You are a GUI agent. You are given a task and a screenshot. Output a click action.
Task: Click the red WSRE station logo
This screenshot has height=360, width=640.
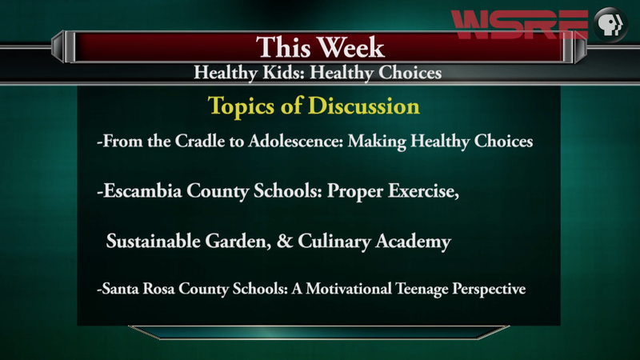(519, 25)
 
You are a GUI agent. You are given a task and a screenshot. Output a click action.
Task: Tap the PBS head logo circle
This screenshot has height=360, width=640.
(610, 25)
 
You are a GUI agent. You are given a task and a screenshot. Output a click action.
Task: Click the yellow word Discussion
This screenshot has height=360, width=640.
(364, 106)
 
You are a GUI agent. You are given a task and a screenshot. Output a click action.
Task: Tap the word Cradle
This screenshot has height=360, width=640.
(199, 142)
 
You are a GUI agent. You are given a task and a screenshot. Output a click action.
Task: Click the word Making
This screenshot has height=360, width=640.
(377, 142)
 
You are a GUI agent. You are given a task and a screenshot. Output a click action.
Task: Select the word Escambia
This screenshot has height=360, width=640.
(142, 190)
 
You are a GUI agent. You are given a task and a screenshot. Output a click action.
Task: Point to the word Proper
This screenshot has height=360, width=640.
(355, 191)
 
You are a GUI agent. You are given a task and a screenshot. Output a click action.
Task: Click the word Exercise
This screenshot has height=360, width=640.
(423, 190)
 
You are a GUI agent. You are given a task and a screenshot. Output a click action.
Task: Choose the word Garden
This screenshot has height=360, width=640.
(238, 242)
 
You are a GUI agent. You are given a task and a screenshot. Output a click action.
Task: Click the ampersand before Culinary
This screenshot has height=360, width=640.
(285, 241)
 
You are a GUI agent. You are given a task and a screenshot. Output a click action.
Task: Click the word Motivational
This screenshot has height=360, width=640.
(349, 289)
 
